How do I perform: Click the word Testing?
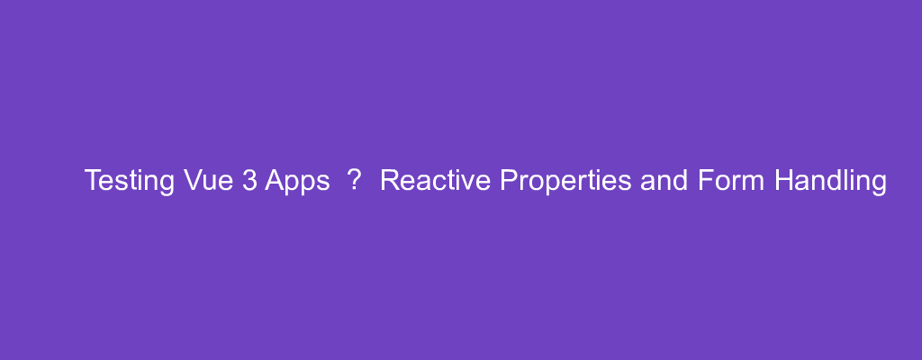pos(130,182)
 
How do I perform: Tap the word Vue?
pos(209,180)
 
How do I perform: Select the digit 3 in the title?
pos(249,180)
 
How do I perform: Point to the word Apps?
pos(297,182)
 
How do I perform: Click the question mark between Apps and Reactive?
pos(353,180)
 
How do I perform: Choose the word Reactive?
pos(435,180)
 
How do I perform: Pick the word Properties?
pos(565,182)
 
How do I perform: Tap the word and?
pos(664,180)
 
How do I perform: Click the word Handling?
pos(830,182)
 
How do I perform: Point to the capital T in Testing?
pos(93,180)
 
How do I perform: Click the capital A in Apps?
pos(274,180)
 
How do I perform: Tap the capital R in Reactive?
pos(391,180)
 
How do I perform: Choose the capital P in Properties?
pos(509,180)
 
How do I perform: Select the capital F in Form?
pos(706,180)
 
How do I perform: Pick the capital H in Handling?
pos(784,180)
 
